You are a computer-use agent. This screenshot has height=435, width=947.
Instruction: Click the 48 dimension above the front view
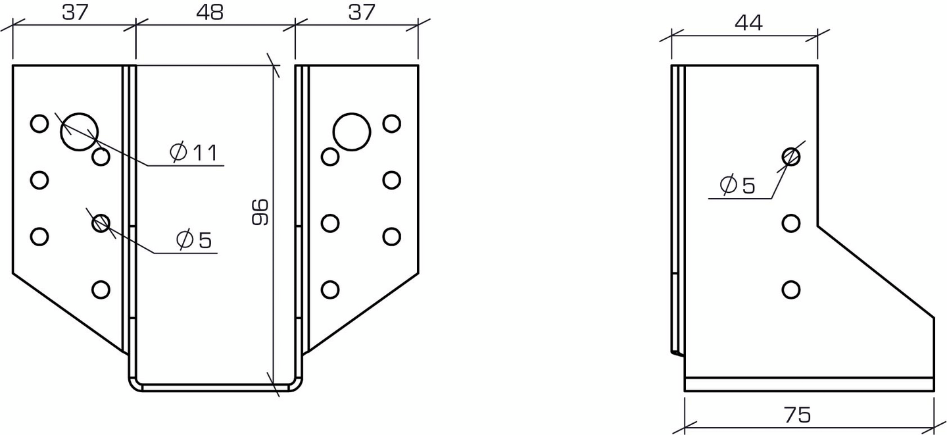pos(209,12)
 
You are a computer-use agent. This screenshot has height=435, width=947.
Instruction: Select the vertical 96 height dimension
pos(260,211)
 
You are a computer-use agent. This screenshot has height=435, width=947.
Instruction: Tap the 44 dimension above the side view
pos(748,23)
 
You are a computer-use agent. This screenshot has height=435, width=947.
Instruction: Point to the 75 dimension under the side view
pos(797,415)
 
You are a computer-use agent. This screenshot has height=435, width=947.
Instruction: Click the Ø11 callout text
pos(194,153)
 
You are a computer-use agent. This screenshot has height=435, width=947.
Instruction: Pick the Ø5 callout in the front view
pos(195,240)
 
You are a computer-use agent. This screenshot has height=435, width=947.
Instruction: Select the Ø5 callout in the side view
pos(738,185)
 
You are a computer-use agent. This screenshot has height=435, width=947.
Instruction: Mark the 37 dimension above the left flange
pos(75,12)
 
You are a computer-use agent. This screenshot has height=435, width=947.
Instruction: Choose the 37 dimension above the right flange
pos(361,12)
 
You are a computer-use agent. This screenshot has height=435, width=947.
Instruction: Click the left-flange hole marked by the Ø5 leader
pos(101,223)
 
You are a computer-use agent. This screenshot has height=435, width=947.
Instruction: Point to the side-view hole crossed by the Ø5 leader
pos(791,157)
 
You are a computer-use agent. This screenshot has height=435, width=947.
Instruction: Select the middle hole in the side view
pos(791,223)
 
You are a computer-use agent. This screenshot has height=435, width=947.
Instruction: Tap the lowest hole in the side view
pos(791,289)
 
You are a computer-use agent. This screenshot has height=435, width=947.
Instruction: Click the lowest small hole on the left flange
pos(101,289)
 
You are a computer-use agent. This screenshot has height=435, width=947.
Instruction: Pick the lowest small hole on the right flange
pos(330,289)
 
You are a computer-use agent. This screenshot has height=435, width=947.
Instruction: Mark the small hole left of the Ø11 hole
pos(39,123)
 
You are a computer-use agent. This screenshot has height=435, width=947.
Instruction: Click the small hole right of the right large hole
pos(392,123)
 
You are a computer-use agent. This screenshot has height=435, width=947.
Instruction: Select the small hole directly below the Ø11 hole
pos(101,157)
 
